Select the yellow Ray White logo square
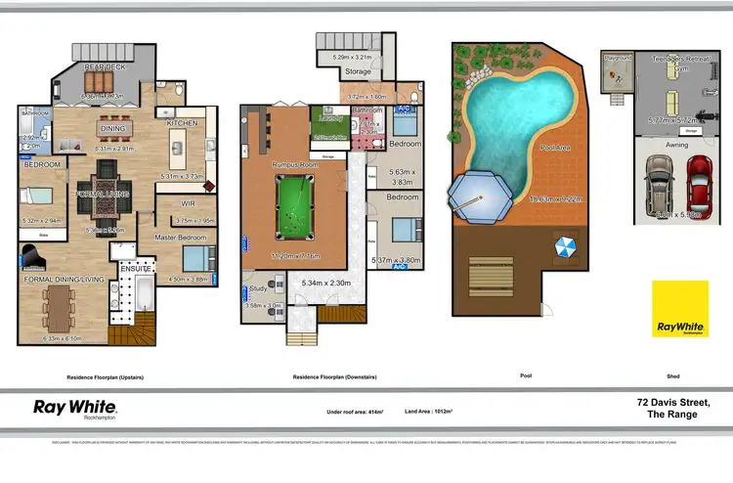click(x=680, y=309)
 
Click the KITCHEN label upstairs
click(x=183, y=124)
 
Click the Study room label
click(x=258, y=289)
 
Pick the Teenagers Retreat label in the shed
click(x=678, y=60)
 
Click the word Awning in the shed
click(x=677, y=145)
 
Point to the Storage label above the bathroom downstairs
click(x=358, y=71)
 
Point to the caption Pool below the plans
click(x=526, y=375)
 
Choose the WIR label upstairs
click(x=189, y=203)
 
